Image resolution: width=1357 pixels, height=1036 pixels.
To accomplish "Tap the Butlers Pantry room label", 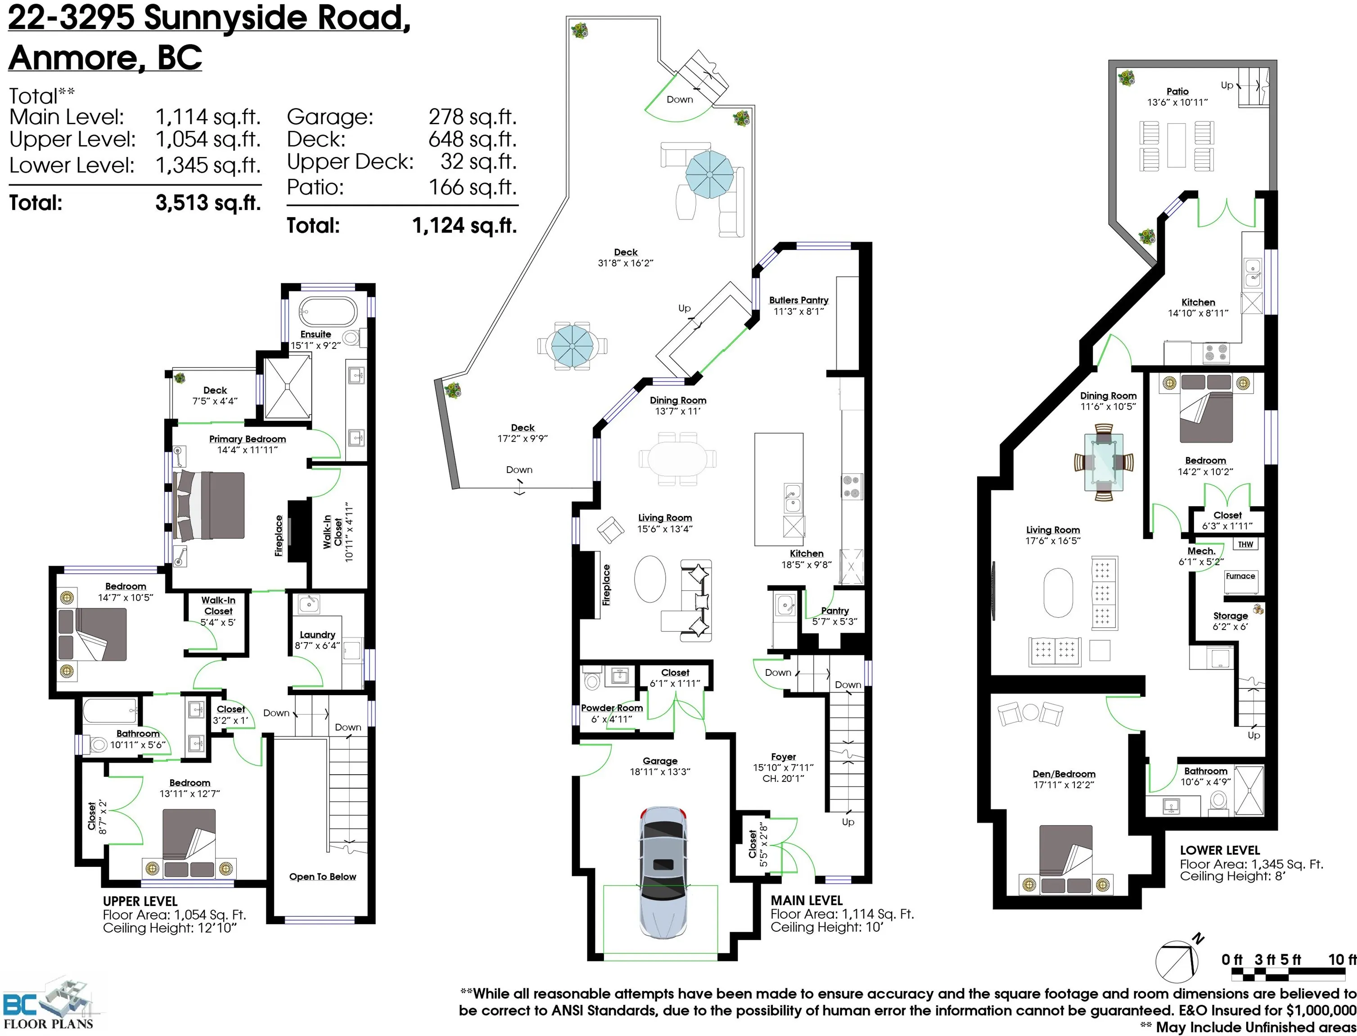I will tap(798, 300).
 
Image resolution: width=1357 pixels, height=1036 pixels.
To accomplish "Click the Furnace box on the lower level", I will tap(1240, 576).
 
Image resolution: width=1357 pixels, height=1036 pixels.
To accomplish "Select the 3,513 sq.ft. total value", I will tap(208, 203).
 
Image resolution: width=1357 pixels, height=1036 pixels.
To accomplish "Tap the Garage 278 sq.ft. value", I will tap(472, 116).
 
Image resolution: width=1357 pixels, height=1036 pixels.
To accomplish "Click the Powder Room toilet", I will tap(592, 679).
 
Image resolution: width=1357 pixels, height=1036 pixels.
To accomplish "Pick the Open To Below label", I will tap(323, 877).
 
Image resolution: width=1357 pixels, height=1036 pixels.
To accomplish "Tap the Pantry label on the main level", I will tap(834, 611).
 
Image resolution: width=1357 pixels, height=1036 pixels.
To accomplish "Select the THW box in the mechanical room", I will tap(1245, 545).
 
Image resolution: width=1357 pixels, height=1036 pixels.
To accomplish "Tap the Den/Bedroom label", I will tap(1064, 774).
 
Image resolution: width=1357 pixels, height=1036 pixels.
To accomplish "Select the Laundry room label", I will tap(317, 634).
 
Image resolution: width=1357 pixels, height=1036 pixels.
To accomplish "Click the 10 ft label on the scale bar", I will tap(1342, 960).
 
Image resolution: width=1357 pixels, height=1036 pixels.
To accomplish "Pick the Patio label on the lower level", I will tap(1177, 91).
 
